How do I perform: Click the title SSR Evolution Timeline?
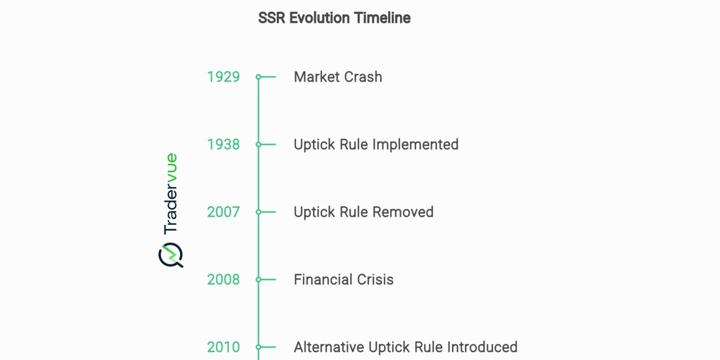[x=334, y=18]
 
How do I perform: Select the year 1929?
[x=223, y=77]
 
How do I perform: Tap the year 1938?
[x=223, y=144]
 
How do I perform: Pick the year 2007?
[x=223, y=212]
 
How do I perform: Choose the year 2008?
[x=223, y=279]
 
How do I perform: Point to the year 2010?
[x=223, y=347]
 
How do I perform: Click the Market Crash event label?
[x=337, y=77]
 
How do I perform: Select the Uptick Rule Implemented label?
[x=375, y=144]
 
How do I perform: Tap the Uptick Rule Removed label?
[x=363, y=212]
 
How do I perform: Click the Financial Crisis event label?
[x=343, y=279]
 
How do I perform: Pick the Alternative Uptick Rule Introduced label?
[x=405, y=347]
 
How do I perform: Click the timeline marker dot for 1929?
[x=259, y=77]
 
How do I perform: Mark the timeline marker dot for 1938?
[x=259, y=144]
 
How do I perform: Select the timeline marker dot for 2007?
[x=259, y=212]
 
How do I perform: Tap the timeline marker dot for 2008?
[x=259, y=279]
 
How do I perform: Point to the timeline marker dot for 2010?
[x=259, y=347]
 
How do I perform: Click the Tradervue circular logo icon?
[x=170, y=255]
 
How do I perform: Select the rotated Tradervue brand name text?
[x=170, y=194]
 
